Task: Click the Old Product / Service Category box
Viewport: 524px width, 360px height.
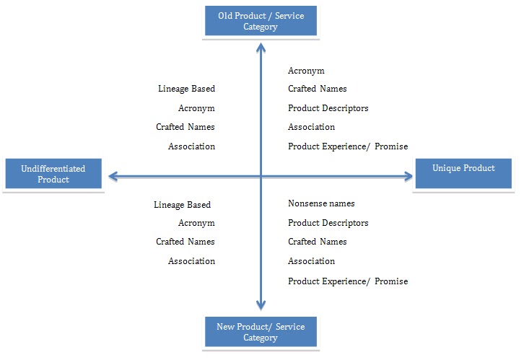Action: click(x=260, y=21)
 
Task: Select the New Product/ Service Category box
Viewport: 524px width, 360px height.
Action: click(x=260, y=332)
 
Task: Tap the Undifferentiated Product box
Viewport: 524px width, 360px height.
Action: click(x=53, y=174)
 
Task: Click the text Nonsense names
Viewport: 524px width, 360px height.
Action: click(x=321, y=204)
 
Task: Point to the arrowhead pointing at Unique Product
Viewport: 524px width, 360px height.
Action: click(x=406, y=175)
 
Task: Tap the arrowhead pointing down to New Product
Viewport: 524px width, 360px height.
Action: click(x=261, y=304)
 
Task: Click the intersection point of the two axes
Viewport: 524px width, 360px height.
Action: click(x=261, y=175)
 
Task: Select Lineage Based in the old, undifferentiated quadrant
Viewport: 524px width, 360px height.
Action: click(x=186, y=89)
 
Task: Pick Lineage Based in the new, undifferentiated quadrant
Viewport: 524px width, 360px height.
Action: click(x=182, y=205)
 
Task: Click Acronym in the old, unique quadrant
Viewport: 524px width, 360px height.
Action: click(x=306, y=71)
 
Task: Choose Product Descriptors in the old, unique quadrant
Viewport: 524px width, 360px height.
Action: click(x=328, y=108)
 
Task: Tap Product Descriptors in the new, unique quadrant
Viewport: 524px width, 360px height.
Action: click(x=328, y=223)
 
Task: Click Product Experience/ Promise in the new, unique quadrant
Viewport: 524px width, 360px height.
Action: click(x=347, y=281)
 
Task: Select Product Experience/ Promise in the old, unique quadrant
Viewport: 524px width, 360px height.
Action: click(x=347, y=146)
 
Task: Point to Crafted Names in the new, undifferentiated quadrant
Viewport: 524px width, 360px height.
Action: click(x=185, y=242)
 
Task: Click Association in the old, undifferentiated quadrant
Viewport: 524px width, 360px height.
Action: click(x=191, y=146)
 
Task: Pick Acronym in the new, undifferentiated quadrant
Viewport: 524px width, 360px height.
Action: click(x=196, y=224)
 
